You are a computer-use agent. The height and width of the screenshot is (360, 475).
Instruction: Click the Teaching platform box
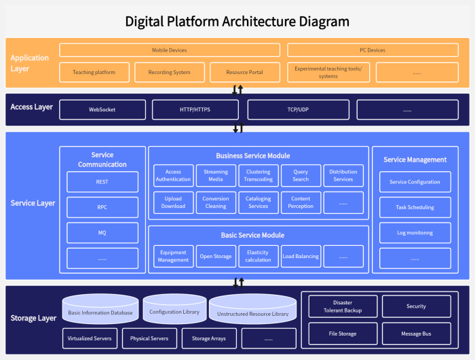click(94, 72)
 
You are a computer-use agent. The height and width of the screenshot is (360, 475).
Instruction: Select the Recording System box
click(168, 72)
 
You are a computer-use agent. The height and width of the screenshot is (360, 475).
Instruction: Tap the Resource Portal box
click(245, 72)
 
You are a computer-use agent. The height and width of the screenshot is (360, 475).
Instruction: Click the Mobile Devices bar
click(169, 50)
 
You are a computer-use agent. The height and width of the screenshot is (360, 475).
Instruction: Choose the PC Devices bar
click(373, 50)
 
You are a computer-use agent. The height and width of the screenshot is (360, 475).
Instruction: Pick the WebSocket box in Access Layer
click(102, 109)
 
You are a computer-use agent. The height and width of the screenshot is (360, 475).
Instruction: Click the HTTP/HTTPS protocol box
click(195, 109)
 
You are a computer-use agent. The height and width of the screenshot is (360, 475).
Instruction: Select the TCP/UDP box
click(298, 109)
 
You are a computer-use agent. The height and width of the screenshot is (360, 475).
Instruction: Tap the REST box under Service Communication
click(102, 182)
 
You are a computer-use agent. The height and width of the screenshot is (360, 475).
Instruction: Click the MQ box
click(102, 233)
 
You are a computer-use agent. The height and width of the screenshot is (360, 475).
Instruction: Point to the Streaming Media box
click(216, 176)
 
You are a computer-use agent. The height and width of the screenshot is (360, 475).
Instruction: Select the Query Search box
click(301, 176)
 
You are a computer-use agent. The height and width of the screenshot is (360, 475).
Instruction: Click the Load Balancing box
click(301, 257)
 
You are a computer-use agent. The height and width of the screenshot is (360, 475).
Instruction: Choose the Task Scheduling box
click(415, 207)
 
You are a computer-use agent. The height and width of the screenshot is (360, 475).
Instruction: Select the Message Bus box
click(416, 334)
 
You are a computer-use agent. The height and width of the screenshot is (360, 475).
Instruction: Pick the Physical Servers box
click(149, 338)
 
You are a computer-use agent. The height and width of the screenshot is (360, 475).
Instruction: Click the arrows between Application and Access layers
click(237, 90)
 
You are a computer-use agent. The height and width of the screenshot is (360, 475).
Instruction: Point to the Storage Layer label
click(33, 319)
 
